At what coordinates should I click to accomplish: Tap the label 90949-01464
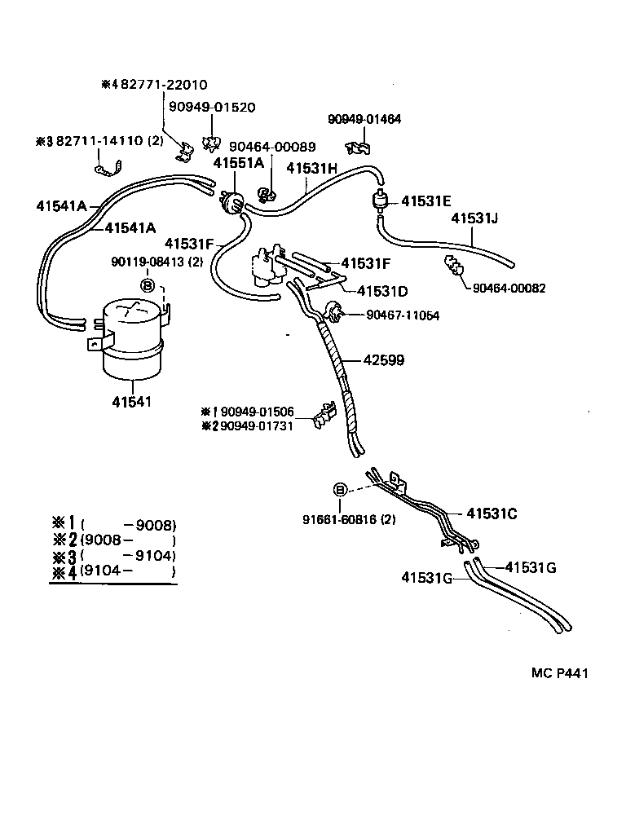(364, 119)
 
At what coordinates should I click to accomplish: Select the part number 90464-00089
(272, 147)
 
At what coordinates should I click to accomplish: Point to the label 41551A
(239, 163)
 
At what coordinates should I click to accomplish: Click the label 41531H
(311, 168)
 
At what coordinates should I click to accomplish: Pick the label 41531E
(425, 201)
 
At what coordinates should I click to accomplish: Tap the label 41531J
(475, 218)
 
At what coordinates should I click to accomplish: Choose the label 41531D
(383, 290)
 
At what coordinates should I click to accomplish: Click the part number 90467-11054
(403, 315)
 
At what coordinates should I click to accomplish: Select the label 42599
(383, 359)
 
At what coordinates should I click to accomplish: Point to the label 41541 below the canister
(132, 402)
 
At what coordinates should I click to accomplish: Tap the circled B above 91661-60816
(340, 489)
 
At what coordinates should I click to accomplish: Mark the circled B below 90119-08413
(148, 284)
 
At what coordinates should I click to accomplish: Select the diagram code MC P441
(559, 672)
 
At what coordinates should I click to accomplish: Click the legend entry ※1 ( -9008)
(113, 524)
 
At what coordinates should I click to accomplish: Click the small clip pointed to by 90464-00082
(453, 267)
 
